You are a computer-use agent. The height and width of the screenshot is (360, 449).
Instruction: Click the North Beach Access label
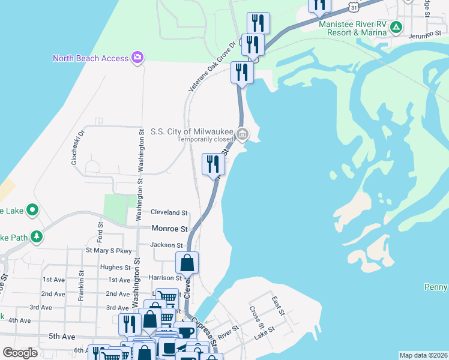pos(91,58)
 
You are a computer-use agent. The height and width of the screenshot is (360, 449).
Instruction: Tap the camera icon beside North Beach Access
pos(138,58)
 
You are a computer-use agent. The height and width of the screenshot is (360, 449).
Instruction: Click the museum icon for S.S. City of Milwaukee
pos(242,134)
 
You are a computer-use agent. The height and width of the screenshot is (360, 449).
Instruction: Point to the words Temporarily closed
pos(205,139)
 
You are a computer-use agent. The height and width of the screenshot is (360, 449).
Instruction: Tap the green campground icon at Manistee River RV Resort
pos(396,27)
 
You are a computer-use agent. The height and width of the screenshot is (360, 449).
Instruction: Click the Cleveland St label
pos(169,212)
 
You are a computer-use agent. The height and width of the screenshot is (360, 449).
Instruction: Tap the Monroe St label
pos(170,229)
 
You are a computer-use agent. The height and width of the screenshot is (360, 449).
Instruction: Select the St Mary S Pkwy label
pos(109,250)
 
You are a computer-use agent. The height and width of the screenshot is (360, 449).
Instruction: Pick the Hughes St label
pos(116,267)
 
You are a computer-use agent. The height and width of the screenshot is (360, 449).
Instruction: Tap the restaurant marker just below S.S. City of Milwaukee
pos(213,164)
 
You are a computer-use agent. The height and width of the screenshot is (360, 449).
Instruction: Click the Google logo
pos(20,353)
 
